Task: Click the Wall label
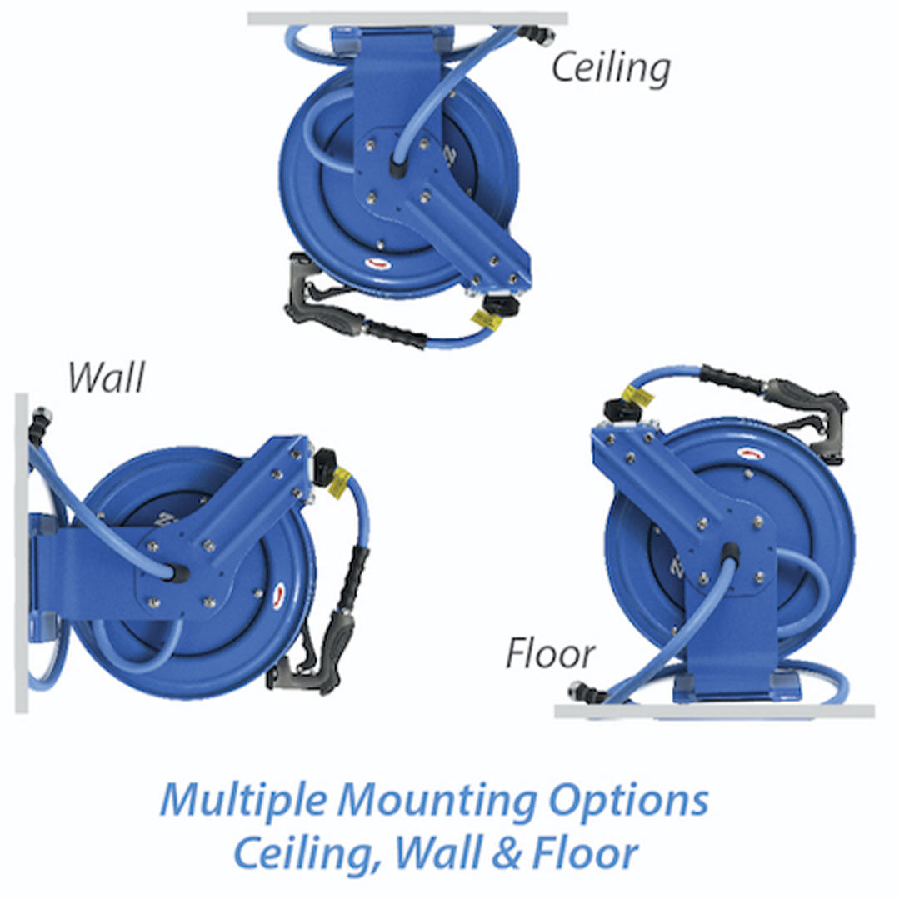coord(107,377)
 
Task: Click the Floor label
coord(551,655)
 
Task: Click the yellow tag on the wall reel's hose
coord(339,483)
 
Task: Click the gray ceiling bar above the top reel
coord(408,18)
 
